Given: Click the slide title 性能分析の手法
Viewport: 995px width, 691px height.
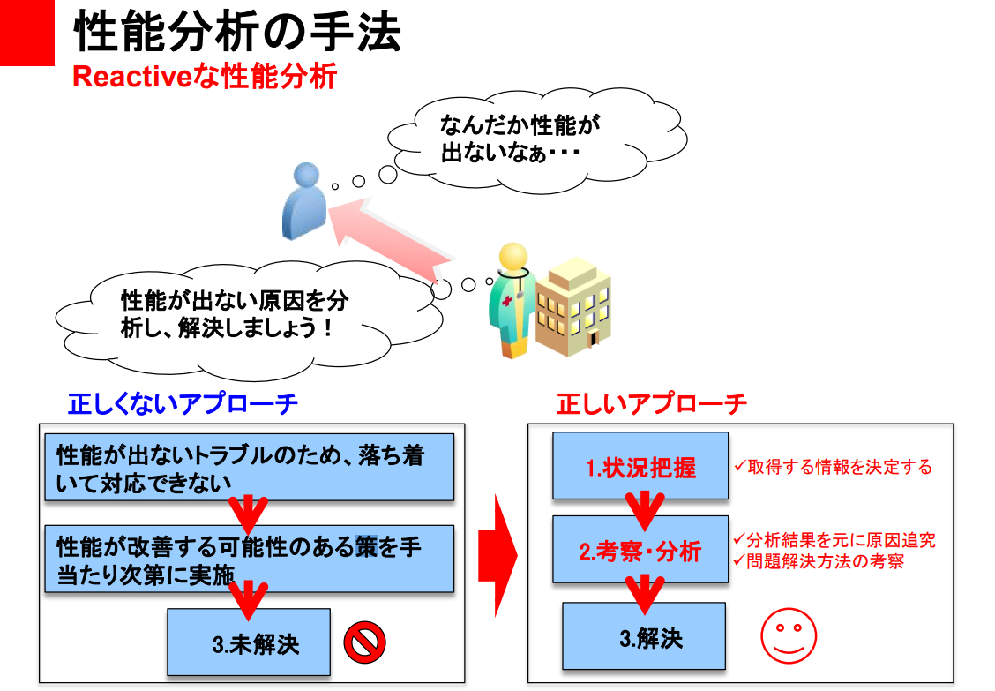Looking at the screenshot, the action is pyautogui.click(x=237, y=33).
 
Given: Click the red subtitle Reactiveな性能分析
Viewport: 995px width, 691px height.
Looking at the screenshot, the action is pyautogui.click(x=204, y=78).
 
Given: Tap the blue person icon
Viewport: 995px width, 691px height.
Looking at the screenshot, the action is pyautogui.click(x=303, y=201).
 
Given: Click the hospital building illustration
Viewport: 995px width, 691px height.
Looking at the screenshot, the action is pyautogui.click(x=574, y=304).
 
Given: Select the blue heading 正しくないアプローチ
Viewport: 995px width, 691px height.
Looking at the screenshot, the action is pyautogui.click(x=183, y=404).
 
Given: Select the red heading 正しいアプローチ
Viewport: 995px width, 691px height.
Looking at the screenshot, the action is pyautogui.click(x=651, y=404).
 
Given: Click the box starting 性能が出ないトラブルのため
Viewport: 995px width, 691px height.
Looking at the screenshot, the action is pyautogui.click(x=249, y=467).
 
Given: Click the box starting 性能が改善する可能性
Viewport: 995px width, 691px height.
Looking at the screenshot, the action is pyautogui.click(x=249, y=559).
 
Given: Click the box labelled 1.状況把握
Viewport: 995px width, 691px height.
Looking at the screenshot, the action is pyautogui.click(x=640, y=466).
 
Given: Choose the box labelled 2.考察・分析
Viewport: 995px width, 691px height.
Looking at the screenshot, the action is pyautogui.click(x=640, y=550).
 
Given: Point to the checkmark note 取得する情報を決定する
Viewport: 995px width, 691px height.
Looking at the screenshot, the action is pyautogui.click(x=833, y=467).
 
